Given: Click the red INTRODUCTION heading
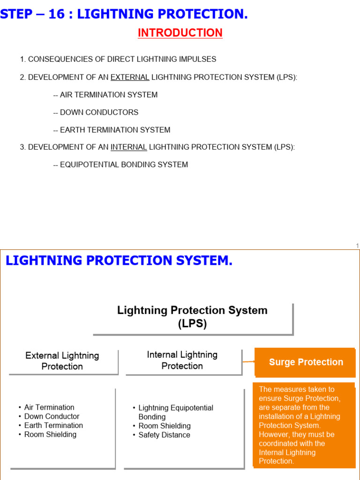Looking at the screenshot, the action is pos(180,33).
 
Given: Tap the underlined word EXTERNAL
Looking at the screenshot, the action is pos(130,77).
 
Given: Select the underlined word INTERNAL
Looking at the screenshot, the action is pos(129,147).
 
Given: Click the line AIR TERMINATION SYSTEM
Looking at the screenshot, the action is pos(105,95).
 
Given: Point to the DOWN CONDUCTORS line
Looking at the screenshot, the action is pos(96,112).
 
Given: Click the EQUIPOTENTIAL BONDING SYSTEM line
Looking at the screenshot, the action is pos(120,165).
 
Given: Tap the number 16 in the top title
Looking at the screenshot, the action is pos(57,15).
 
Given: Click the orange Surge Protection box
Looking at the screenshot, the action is pos(306,362).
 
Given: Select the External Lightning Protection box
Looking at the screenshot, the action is pos(62,361).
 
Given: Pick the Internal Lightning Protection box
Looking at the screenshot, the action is pos(182,360).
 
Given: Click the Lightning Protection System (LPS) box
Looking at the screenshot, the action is pos(192,317).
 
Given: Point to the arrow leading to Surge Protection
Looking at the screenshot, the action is pos(248,362).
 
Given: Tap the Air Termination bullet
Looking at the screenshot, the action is pos(49,407).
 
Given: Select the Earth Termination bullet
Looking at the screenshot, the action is pos(53,425).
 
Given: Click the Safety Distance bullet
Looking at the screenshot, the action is pos(164,435).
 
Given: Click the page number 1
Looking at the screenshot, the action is pos(357,246).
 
